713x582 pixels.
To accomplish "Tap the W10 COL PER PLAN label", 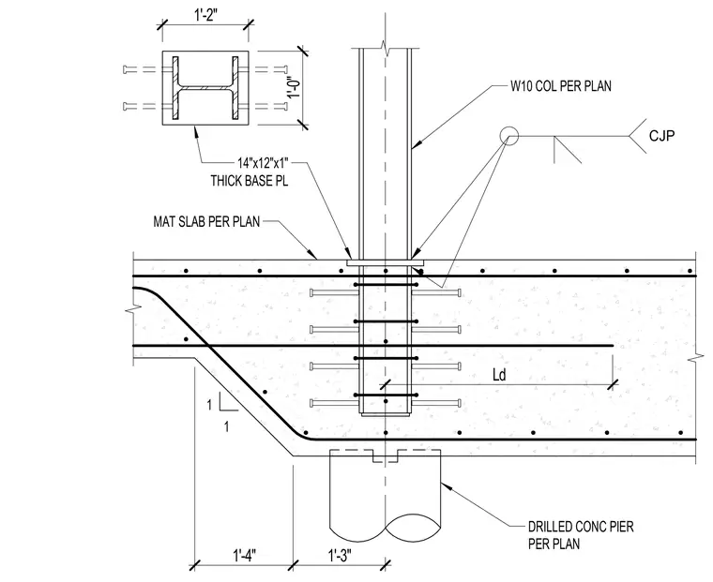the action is tap(561, 86).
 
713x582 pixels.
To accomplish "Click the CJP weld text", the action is tap(661, 135).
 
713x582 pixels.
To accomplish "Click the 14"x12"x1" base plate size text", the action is tap(263, 162).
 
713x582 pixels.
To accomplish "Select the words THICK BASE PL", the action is tap(250, 180).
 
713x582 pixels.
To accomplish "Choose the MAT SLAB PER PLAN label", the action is tap(206, 222).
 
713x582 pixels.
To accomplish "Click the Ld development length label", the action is tap(499, 375).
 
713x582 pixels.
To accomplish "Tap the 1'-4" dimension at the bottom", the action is tap(245, 555).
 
